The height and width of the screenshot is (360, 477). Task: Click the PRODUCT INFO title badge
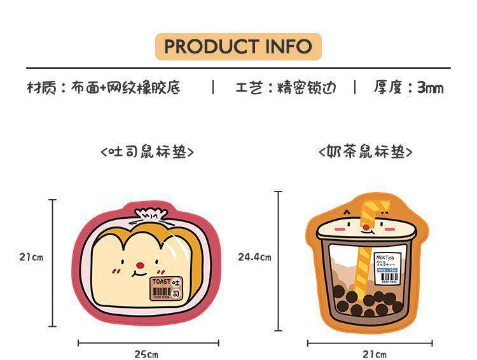point(238,46)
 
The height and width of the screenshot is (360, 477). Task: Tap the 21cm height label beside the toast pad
point(31,258)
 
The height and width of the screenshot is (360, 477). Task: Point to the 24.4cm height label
point(254,258)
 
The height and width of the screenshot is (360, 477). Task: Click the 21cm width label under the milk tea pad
point(374,354)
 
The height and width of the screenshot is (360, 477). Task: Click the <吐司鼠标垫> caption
point(147,153)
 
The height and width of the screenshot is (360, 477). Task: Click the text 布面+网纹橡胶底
point(125,87)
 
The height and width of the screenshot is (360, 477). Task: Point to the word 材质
point(41,87)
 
